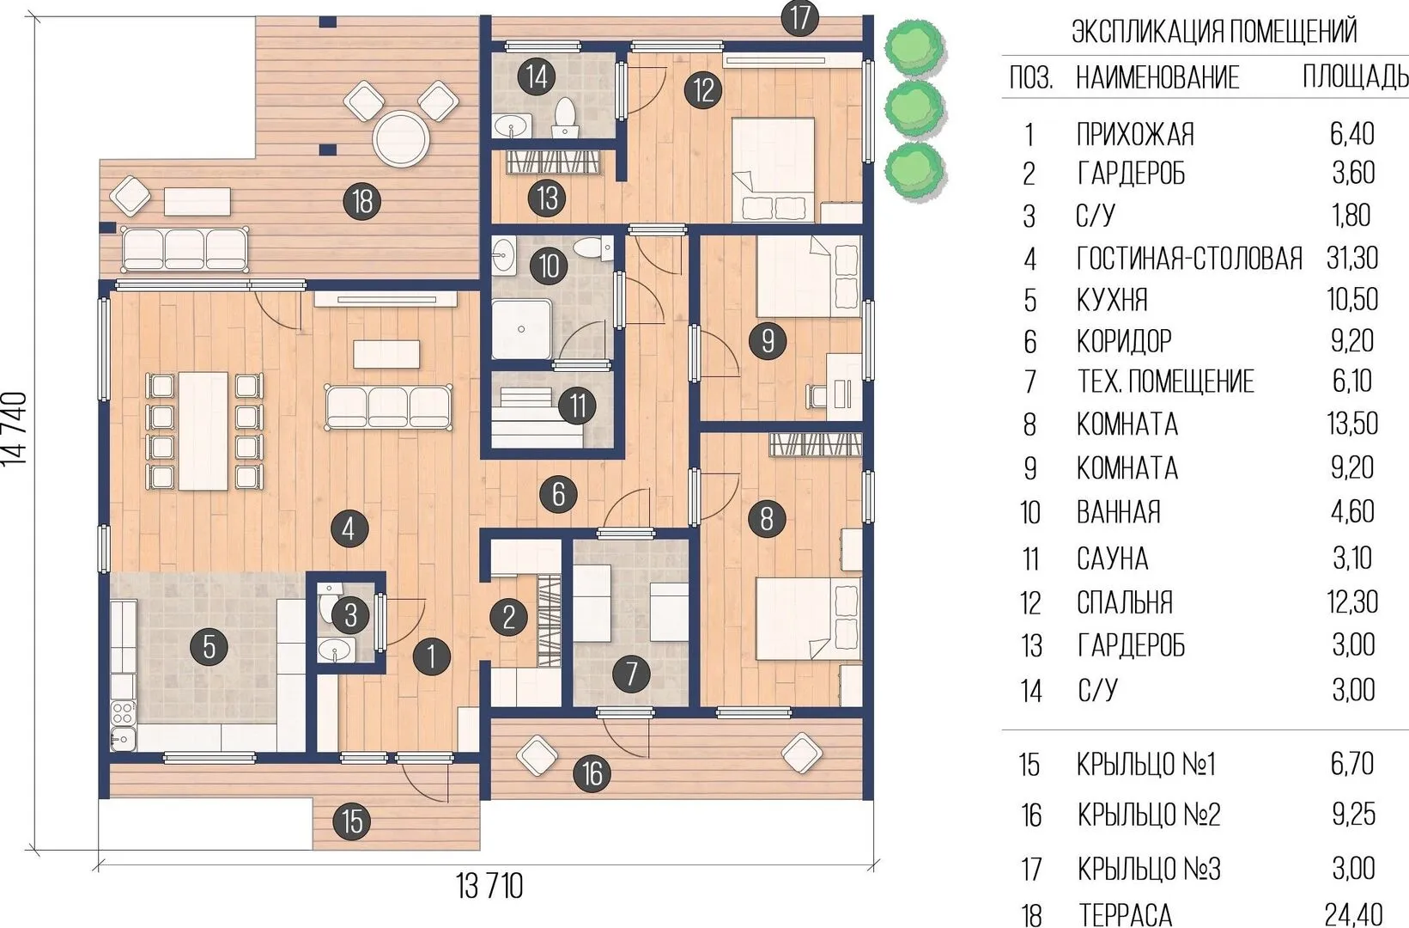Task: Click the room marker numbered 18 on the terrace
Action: (x=363, y=201)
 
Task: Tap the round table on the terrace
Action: (x=401, y=139)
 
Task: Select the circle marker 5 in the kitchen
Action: (x=210, y=646)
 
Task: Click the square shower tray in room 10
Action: (x=521, y=329)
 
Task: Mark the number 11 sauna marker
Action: (x=577, y=406)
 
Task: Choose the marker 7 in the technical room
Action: (x=631, y=673)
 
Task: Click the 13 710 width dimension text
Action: (x=489, y=886)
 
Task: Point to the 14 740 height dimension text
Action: (x=15, y=429)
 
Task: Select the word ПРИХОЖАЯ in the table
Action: (x=1135, y=134)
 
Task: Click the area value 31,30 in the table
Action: (x=1351, y=258)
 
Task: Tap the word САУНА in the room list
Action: (x=1113, y=559)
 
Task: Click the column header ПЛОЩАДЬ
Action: (x=1355, y=76)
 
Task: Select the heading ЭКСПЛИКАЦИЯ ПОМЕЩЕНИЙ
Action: (x=1214, y=32)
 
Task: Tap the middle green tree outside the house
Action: (x=914, y=107)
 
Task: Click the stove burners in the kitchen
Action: (x=123, y=713)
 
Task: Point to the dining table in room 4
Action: (x=203, y=430)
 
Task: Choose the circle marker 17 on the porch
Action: (x=800, y=18)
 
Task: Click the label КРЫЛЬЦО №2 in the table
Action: (x=1149, y=815)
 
